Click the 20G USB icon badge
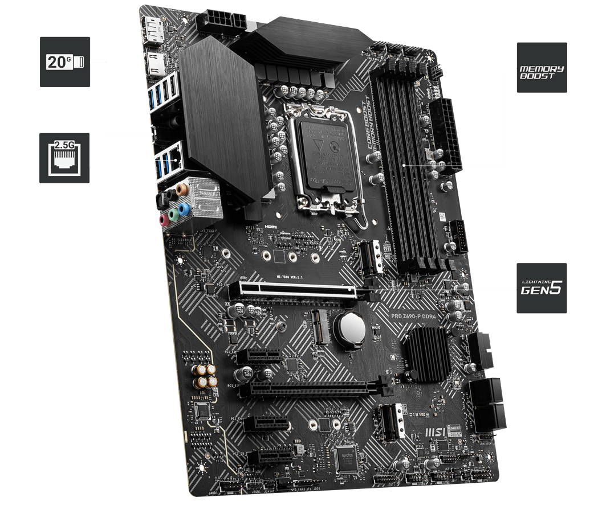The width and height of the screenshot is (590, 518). (x=65, y=62)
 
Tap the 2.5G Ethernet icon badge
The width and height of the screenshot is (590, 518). (x=64, y=158)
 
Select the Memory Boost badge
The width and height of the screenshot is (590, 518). (x=541, y=67)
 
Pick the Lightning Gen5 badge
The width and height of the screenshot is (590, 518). (x=541, y=288)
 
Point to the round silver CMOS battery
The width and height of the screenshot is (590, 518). (x=349, y=327)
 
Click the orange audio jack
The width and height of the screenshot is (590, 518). (x=180, y=187)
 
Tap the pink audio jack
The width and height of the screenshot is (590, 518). (x=164, y=219)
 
